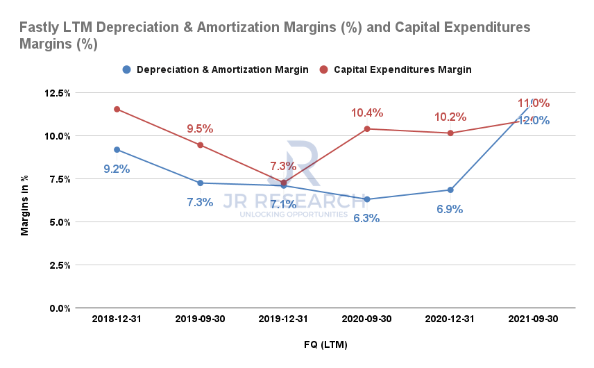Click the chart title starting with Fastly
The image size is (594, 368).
275,35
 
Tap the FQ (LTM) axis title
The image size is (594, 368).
325,344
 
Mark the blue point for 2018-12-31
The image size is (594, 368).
117,150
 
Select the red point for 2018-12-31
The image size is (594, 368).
117,109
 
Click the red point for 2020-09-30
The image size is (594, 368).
367,129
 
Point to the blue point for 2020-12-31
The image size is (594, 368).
450,190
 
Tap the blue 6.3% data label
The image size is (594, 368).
366,218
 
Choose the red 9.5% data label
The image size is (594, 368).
200,128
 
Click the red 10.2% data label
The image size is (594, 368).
450,117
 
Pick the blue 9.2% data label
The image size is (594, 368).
117,168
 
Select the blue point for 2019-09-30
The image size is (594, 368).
200,183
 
